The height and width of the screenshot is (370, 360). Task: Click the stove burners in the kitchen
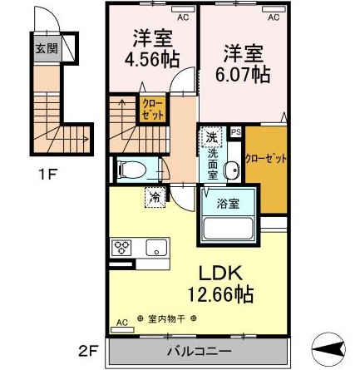tap(121, 247)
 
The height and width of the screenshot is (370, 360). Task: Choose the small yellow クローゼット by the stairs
tap(153, 110)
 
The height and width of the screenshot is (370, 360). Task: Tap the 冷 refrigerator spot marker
tap(155, 197)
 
